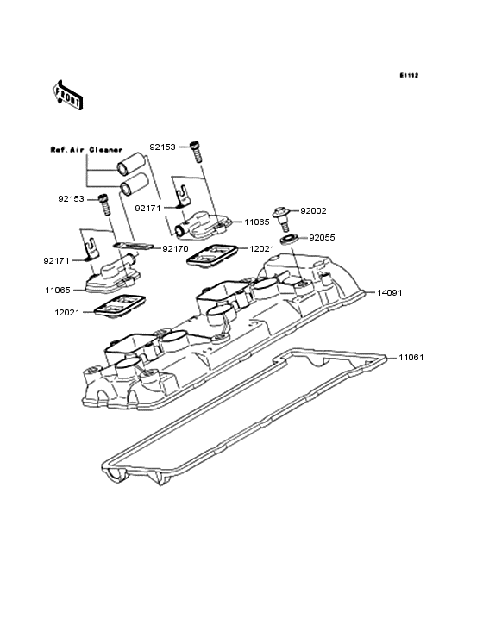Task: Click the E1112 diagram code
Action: tap(409, 76)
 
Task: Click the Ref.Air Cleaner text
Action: tap(85, 148)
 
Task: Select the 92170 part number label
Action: tap(175, 248)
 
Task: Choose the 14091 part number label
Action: tap(390, 292)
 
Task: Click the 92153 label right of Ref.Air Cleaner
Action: tap(162, 147)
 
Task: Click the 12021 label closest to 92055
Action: tap(264, 247)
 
